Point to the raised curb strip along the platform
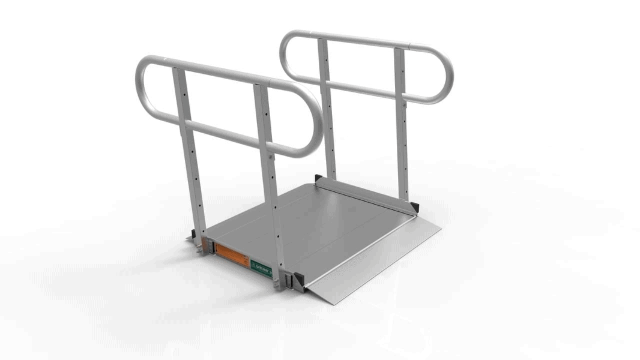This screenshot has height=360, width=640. point(366,194)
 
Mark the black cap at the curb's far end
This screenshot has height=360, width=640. point(318,179)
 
